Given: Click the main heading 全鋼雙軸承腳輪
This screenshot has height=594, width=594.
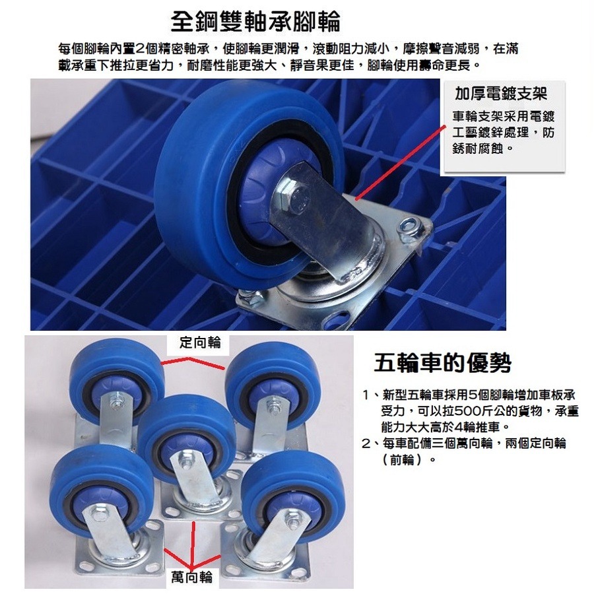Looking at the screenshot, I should (x=255, y=22).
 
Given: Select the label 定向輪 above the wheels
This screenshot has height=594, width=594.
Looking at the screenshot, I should (x=200, y=343).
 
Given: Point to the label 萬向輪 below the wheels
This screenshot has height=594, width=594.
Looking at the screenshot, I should (x=192, y=576).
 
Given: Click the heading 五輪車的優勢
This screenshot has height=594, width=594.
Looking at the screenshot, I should (x=442, y=362).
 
